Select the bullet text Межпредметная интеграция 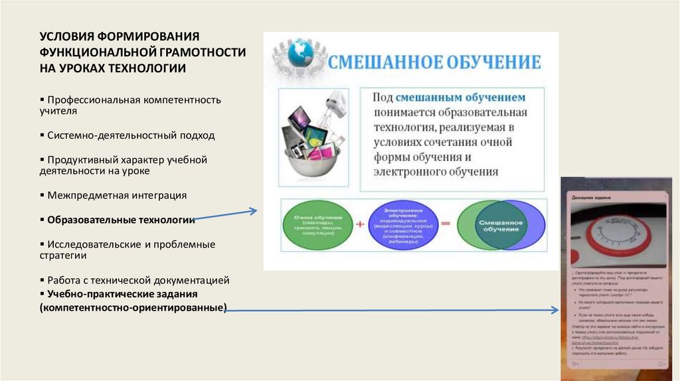pyautogui.click(x=117, y=195)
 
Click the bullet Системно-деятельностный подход pyautogui.click(x=131, y=135)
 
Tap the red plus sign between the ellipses pyautogui.click(x=359, y=224)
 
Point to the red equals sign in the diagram pyautogui.click(x=445, y=224)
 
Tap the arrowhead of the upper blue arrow pyautogui.click(x=255, y=211)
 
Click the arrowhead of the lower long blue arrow pyautogui.click(x=556, y=310)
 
